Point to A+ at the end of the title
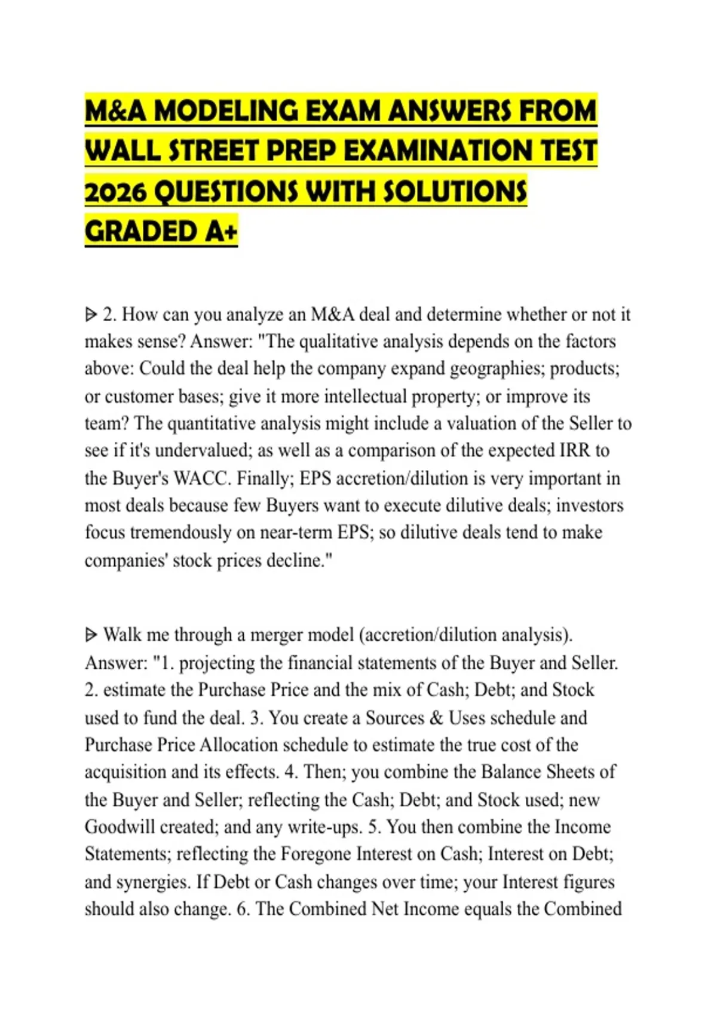click(220, 232)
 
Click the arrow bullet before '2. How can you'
click(91, 314)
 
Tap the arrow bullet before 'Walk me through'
click(91, 635)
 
